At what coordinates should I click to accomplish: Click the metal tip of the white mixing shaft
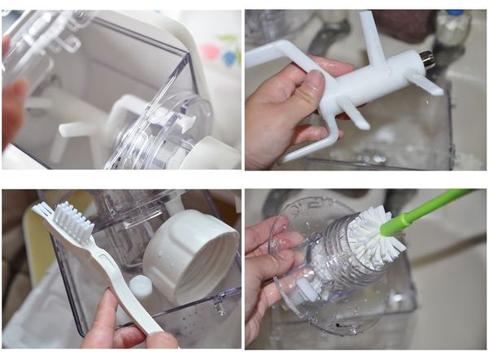click(x=426, y=59)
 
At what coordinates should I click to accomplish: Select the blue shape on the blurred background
click(x=229, y=58)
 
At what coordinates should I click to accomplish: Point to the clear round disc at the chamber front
click(x=159, y=130)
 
